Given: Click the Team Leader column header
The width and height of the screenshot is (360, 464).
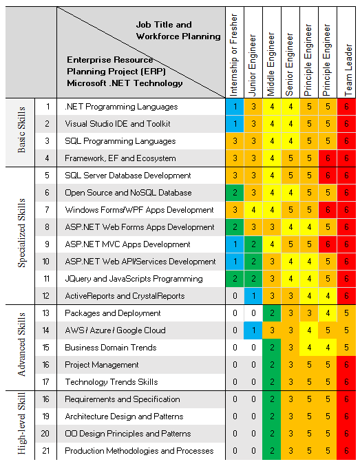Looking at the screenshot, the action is tap(348, 70).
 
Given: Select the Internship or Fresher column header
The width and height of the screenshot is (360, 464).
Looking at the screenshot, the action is tap(233, 55).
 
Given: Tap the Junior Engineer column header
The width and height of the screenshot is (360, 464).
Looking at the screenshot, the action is tap(252, 65).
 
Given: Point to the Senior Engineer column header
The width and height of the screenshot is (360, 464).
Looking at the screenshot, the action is tap(289, 65).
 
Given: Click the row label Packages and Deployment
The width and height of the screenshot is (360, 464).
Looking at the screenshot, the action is tap(113, 313).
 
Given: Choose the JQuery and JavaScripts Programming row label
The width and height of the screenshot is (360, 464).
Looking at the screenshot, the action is tap(134, 279).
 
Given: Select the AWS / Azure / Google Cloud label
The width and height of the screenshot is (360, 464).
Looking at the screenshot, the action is tap(116, 330).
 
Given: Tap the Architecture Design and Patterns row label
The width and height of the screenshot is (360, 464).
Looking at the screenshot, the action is tap(124, 416).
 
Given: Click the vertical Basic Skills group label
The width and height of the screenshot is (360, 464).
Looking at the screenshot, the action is tap(21, 129).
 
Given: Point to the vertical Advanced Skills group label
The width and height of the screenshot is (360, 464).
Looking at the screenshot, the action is tap(21, 344).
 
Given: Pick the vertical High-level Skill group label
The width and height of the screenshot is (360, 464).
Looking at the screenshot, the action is tap(21, 423).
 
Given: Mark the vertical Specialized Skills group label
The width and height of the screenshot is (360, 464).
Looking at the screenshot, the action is tap(21, 233).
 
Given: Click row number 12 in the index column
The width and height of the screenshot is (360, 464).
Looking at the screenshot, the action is tap(46, 296).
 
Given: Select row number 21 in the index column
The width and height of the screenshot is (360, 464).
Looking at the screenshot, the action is tap(46, 451).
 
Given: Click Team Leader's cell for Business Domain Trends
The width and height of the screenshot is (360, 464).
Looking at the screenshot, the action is tap(346, 348).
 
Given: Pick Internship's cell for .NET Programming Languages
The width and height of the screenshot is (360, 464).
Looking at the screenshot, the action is tap(235, 107).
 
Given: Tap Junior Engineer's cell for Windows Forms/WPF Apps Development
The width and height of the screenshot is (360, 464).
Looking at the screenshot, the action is tap(253, 210).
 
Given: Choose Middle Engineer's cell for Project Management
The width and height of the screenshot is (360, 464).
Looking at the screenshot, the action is tap(272, 365).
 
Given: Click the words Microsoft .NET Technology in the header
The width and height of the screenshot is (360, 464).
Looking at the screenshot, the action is tap(125, 83).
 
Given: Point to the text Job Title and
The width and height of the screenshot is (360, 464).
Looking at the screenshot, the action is tap(164, 25).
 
